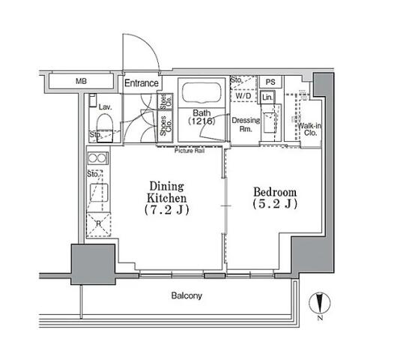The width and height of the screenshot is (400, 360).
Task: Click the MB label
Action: click(x=81, y=81)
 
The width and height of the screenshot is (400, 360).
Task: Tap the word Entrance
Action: click(x=142, y=83)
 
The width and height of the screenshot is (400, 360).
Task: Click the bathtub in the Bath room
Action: click(x=201, y=93)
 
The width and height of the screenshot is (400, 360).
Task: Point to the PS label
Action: click(x=270, y=82)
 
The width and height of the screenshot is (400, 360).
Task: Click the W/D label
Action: click(x=243, y=96)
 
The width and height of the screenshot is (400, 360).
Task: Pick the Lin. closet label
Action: click(x=267, y=97)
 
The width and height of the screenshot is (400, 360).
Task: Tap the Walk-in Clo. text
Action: click(x=309, y=129)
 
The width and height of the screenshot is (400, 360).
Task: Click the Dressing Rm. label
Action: click(x=246, y=124)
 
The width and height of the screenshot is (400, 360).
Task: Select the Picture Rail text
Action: click(x=190, y=151)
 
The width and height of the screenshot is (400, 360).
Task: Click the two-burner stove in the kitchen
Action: click(x=98, y=158)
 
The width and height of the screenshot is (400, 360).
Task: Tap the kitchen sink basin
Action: click(x=99, y=193)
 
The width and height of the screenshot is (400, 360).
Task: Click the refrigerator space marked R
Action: click(x=99, y=225)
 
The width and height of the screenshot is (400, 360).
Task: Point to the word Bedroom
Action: click(x=275, y=192)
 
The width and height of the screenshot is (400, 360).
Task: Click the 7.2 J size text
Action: click(x=167, y=210)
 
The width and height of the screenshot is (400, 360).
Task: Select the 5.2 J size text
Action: click(x=275, y=204)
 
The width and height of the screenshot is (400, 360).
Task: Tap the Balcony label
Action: click(x=187, y=295)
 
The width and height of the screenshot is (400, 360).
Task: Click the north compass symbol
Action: click(x=320, y=304)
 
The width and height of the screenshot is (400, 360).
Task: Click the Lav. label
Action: click(x=106, y=107)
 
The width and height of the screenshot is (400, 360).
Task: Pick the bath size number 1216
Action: click(x=201, y=121)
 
